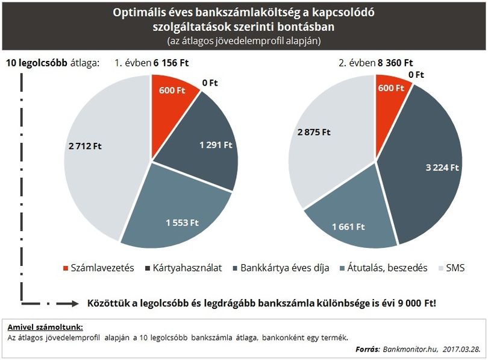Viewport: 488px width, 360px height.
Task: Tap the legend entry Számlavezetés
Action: tap(99, 268)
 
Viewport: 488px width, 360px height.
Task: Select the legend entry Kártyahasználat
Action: tap(184, 268)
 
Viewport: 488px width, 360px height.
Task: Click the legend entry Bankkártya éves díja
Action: tap(281, 268)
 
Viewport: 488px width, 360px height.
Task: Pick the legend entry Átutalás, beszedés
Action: tap(384, 268)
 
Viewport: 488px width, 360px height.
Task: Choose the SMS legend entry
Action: tap(452, 268)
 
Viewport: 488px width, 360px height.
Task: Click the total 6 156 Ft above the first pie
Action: tap(171, 63)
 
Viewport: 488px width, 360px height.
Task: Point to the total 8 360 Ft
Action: tap(395, 63)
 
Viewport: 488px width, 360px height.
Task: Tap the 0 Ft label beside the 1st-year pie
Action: tap(210, 83)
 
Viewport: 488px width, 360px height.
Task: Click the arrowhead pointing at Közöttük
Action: tap(74, 303)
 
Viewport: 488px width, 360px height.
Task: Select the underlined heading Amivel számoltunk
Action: tap(45, 327)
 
